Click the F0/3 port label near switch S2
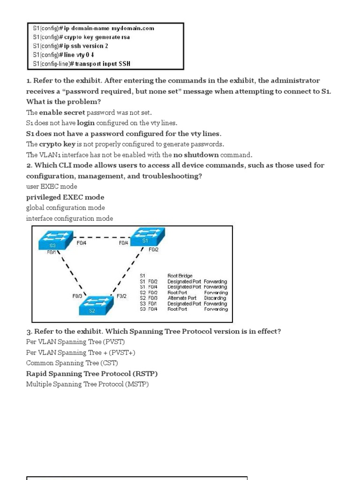pos(78,296)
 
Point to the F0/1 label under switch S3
pos(51,252)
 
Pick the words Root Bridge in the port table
pos(180,276)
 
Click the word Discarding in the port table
pos(215,298)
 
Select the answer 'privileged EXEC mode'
pos(65,197)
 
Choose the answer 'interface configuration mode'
pos(69,218)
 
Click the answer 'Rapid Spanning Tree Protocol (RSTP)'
pos(92,374)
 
